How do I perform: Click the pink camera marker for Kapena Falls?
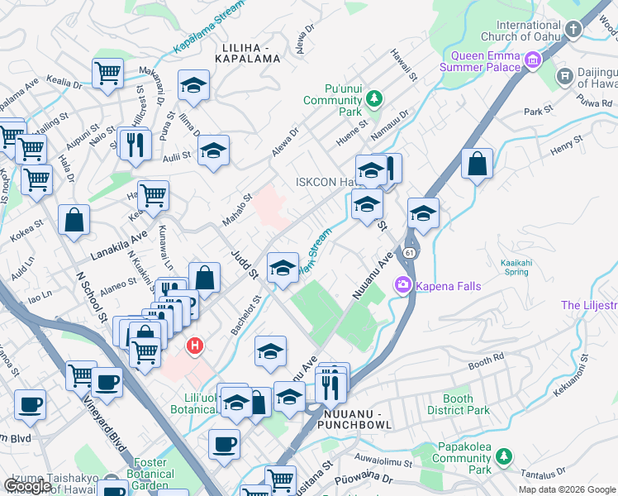point(403,285)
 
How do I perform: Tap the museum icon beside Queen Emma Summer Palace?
point(533,60)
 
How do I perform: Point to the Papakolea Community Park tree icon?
point(502,457)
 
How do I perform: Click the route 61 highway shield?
point(410,250)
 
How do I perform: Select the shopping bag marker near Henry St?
point(477,165)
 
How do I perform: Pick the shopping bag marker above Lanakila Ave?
point(74,220)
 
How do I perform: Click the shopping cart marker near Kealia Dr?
point(107,74)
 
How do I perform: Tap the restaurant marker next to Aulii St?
point(133,144)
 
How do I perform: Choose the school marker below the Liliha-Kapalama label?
point(193,86)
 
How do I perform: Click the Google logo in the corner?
point(27,485)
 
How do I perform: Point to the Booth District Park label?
point(458,404)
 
